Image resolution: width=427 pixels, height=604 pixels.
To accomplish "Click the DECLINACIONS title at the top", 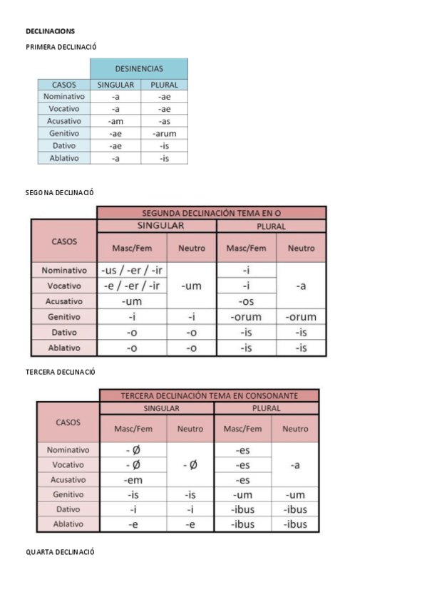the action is (50, 31).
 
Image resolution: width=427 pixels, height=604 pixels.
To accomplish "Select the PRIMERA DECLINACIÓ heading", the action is (61, 47).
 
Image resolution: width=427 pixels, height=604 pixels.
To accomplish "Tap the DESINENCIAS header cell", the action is (139, 69).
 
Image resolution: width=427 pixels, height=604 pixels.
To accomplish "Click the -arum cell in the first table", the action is (164, 133).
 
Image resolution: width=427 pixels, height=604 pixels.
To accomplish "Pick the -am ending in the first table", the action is (115, 121).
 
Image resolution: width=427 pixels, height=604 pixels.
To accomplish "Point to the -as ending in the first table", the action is (164, 121).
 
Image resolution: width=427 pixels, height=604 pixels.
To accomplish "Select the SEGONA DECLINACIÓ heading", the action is (60, 193).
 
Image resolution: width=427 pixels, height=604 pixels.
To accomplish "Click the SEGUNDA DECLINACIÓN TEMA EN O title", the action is (211, 213).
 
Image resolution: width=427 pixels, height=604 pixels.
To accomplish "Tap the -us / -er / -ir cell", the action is (132, 271).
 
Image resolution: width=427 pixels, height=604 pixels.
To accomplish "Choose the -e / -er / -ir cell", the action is (132, 286).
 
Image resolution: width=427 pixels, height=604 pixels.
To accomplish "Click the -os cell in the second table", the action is (245, 301).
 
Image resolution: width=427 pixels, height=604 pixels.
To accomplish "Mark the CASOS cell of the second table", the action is (64, 241).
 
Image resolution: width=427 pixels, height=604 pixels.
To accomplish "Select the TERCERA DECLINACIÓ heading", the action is (61, 372).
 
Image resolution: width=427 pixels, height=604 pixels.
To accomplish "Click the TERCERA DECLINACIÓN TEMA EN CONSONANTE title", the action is (210, 395).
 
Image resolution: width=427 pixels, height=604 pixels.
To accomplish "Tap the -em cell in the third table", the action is (133, 480).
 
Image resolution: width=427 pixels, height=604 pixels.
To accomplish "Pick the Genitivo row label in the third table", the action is (68, 494).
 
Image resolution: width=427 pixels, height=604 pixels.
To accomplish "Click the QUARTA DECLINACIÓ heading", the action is (60, 552).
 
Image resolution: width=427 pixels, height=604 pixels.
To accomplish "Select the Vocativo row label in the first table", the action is (64, 109).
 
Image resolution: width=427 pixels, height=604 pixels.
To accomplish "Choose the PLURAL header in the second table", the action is (271, 226).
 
